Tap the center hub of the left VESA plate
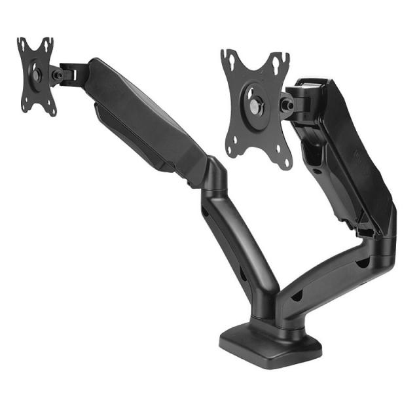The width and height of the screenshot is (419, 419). pos(36,75)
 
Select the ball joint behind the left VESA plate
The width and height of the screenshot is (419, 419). pos(57,75)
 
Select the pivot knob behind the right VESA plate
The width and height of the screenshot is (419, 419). pos(287,105)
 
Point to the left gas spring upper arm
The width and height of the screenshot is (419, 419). pos(151,124)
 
